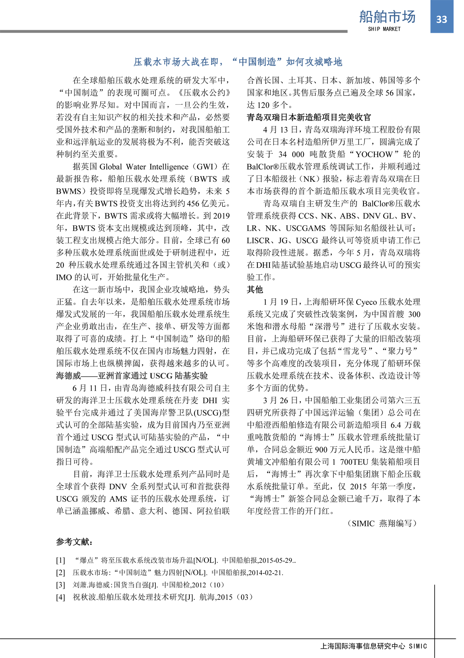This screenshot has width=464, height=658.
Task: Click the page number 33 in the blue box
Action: [441, 20]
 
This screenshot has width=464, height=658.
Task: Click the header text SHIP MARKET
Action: [384, 29]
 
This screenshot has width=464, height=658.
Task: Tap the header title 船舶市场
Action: [387, 17]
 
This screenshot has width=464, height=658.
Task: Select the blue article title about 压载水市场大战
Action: [238, 62]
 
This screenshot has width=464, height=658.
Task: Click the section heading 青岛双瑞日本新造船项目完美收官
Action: [309, 117]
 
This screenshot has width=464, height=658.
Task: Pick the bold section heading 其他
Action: [255, 289]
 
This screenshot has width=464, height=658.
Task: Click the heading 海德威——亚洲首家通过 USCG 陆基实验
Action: [132, 376]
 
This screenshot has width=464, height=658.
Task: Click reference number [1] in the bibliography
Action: [61, 560]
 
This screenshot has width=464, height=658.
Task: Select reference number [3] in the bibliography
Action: [61, 585]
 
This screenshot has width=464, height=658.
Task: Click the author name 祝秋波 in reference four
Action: [84, 597]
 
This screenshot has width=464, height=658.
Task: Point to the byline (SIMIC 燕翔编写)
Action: [383, 523]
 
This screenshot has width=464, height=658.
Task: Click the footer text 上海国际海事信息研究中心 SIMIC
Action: [374, 646]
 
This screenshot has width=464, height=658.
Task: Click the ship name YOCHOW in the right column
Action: [374, 154]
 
